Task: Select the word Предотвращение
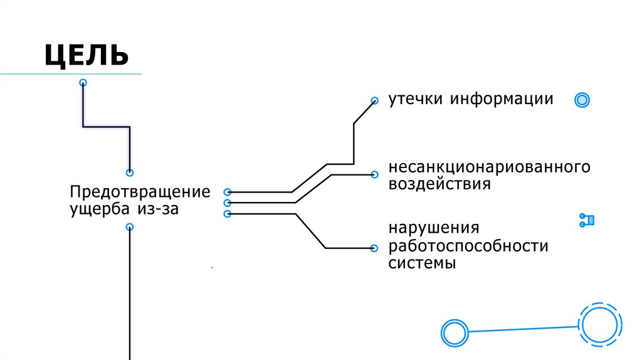pos(140,191)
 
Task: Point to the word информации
pos(501,99)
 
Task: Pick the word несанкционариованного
pos(490,167)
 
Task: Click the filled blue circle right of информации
pos(582,100)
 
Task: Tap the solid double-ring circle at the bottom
pos(454,332)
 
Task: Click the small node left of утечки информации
pos(374,100)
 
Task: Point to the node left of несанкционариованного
pos(374,174)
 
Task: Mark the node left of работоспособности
pos(374,248)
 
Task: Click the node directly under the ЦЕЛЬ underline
pos(83,83)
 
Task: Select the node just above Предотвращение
pos(130,172)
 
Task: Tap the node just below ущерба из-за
pos(130,227)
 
